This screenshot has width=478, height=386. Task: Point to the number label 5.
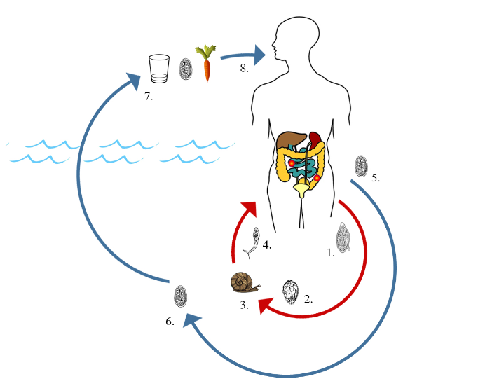pyautogui.click(x=376, y=178)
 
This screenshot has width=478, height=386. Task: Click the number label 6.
pyautogui.click(x=170, y=322)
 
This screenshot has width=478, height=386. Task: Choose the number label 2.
pyautogui.click(x=308, y=299)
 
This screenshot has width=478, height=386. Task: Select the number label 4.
pyautogui.click(x=266, y=245)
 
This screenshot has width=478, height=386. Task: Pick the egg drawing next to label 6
pyautogui.click(x=181, y=296)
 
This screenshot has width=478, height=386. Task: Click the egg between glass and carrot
pyautogui.click(x=186, y=69)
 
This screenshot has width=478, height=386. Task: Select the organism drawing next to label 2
pyautogui.click(x=290, y=291)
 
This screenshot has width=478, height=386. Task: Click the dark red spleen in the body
pyautogui.click(x=315, y=138)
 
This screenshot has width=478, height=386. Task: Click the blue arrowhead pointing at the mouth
pyautogui.click(x=260, y=53)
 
